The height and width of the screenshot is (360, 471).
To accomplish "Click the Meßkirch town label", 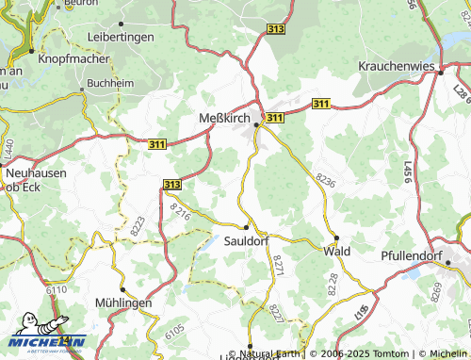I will pos(226,118).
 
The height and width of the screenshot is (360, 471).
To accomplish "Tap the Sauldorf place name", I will pos(247,241).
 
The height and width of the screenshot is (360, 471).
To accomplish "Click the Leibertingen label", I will pos(120,36).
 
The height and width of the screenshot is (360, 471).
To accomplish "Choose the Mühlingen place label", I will pos(122,303).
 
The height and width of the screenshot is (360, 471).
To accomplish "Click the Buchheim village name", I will pos(109,82).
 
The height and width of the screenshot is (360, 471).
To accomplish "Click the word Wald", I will pos(336,252).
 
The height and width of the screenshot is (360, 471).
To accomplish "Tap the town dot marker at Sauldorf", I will pos(247,227).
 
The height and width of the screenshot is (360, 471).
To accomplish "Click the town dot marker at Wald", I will pos(336,237).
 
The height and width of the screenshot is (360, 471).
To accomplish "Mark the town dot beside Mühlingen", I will pos(122,288).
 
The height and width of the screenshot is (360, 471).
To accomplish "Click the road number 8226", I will pos(325,179).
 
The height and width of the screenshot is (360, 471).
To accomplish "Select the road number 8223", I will pos(138,225).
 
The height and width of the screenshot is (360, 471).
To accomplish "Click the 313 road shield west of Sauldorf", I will pos(172,186).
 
